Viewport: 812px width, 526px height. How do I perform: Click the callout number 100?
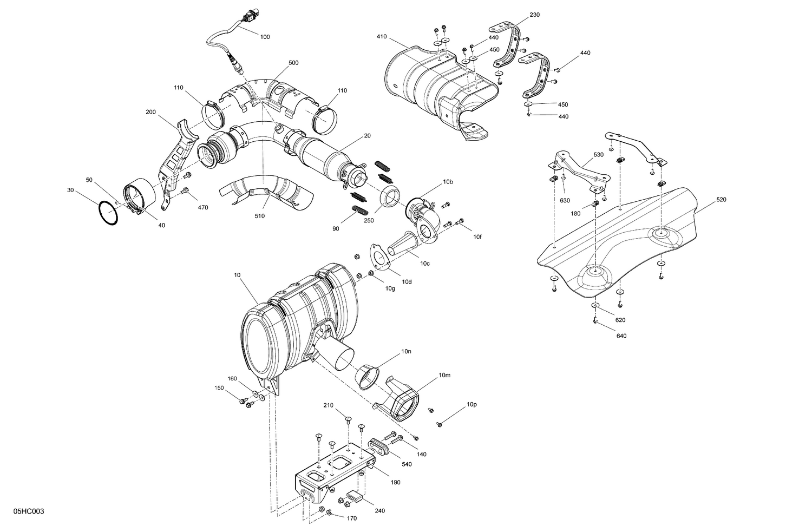[265, 37]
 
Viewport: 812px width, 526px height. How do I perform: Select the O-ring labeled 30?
[109, 213]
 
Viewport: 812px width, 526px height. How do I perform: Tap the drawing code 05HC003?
[30, 511]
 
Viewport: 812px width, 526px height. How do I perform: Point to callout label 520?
[721, 200]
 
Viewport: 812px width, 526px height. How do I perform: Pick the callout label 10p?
[472, 404]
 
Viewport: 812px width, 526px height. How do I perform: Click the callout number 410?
[382, 37]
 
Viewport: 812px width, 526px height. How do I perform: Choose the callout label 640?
[621, 336]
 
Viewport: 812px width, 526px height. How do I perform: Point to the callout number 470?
[203, 207]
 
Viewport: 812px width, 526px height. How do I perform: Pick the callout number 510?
[260, 216]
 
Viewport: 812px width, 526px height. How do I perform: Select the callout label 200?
[150, 112]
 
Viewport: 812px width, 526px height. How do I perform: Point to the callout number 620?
[620, 320]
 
